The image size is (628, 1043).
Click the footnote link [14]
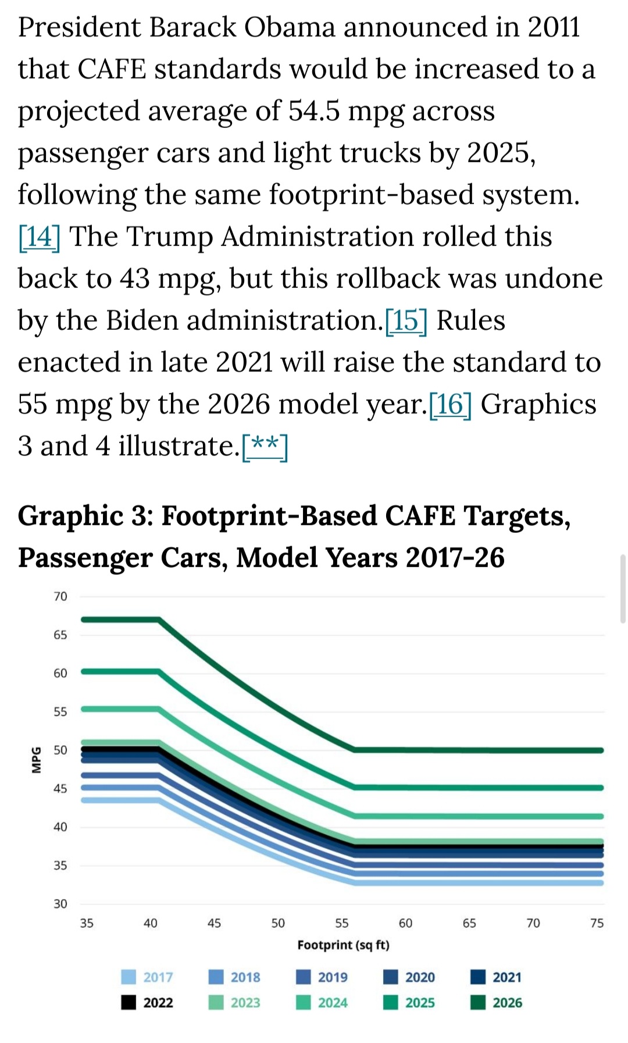pos(39,237)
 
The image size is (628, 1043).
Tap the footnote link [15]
pos(406,321)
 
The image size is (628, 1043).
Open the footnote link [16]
pos(450,405)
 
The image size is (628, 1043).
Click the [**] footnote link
pos(265,447)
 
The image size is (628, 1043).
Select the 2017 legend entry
pos(147,977)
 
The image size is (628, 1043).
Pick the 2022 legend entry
pos(147,1003)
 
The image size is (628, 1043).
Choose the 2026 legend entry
pos(496,1003)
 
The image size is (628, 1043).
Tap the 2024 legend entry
pos(322,1003)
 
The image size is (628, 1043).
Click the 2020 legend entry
pos(409,977)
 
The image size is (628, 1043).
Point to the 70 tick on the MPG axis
pos(60,597)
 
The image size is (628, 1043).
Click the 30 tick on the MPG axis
pos(60,904)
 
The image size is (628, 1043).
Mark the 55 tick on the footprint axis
pos(342,923)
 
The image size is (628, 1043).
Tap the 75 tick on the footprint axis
pos(597,923)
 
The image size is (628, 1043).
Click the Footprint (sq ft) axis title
pos(343,945)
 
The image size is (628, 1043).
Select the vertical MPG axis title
pos(37,760)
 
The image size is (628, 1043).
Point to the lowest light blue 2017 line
pos(465,882)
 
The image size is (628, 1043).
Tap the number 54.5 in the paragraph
pos(314,111)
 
